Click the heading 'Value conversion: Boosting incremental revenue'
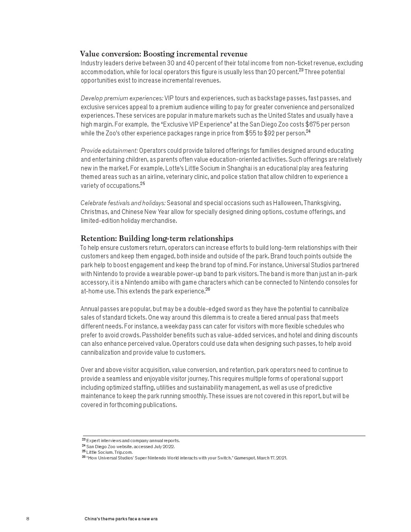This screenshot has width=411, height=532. (164, 54)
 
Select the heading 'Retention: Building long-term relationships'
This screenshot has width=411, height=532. (157, 238)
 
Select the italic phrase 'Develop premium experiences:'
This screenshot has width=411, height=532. (122, 98)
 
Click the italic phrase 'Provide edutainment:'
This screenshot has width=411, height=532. (109, 151)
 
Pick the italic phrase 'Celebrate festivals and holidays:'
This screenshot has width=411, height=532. (123, 203)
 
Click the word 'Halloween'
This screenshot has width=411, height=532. (287, 203)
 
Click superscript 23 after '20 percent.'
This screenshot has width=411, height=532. (301, 71)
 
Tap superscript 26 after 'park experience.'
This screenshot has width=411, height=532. (208, 289)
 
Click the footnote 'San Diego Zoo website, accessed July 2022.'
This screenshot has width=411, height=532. (130, 447)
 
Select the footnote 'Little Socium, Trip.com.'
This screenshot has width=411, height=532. (109, 452)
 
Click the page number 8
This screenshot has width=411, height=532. (28, 519)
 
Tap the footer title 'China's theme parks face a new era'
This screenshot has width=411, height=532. (121, 519)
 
